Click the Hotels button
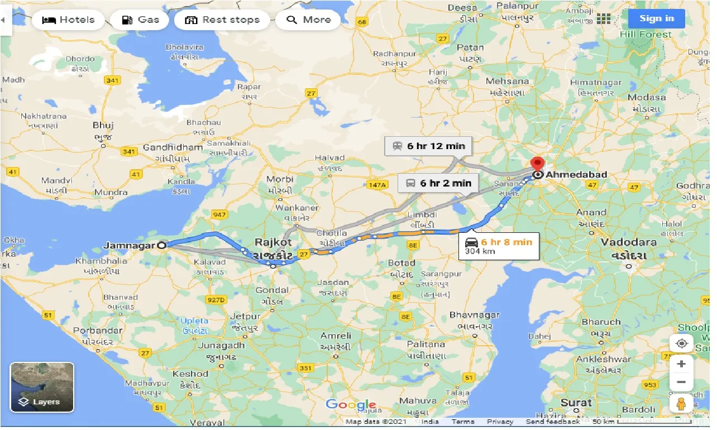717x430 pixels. point(69,20)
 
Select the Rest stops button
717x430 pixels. point(222,20)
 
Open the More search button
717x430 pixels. point(309,20)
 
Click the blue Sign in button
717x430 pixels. point(656,18)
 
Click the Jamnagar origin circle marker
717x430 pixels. point(162,245)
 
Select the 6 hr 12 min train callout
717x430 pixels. point(428,146)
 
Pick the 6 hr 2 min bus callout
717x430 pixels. point(438,183)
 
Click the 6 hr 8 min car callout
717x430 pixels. point(499,246)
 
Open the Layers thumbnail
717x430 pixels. point(42,387)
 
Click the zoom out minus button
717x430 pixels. point(681,383)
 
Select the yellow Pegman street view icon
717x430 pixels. point(681,403)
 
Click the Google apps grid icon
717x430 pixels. point(604,19)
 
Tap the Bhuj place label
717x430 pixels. point(103,126)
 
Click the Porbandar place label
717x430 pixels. point(97,331)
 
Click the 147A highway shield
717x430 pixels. point(377,185)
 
